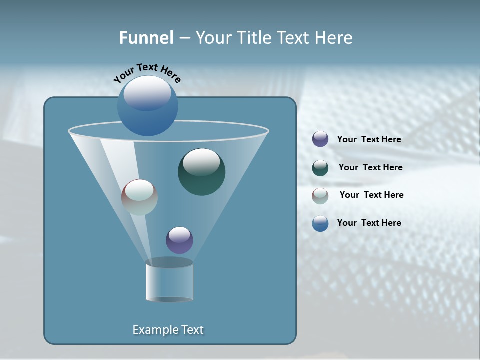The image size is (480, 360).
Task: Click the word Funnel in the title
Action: (x=146, y=37)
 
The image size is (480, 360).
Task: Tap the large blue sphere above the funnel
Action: (x=148, y=106)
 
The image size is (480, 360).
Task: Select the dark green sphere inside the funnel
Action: (x=202, y=172)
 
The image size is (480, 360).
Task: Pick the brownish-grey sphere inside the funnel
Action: (x=140, y=198)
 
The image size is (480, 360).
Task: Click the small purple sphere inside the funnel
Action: (x=179, y=240)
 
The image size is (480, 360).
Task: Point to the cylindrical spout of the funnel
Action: (x=170, y=281)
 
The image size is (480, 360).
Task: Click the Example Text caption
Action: (x=168, y=330)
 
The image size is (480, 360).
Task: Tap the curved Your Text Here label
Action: (x=147, y=73)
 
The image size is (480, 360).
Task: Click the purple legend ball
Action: (x=320, y=139)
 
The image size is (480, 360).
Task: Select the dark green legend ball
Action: (x=320, y=168)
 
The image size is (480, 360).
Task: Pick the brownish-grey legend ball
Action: (x=320, y=196)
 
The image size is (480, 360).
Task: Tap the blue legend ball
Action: (x=320, y=223)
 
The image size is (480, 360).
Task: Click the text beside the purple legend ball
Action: (x=369, y=139)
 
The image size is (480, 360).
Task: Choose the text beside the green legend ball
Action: (x=370, y=167)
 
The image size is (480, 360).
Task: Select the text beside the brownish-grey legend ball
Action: (x=371, y=195)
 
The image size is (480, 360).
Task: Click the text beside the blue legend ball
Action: (x=369, y=223)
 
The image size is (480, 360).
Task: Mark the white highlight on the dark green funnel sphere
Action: (x=201, y=162)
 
